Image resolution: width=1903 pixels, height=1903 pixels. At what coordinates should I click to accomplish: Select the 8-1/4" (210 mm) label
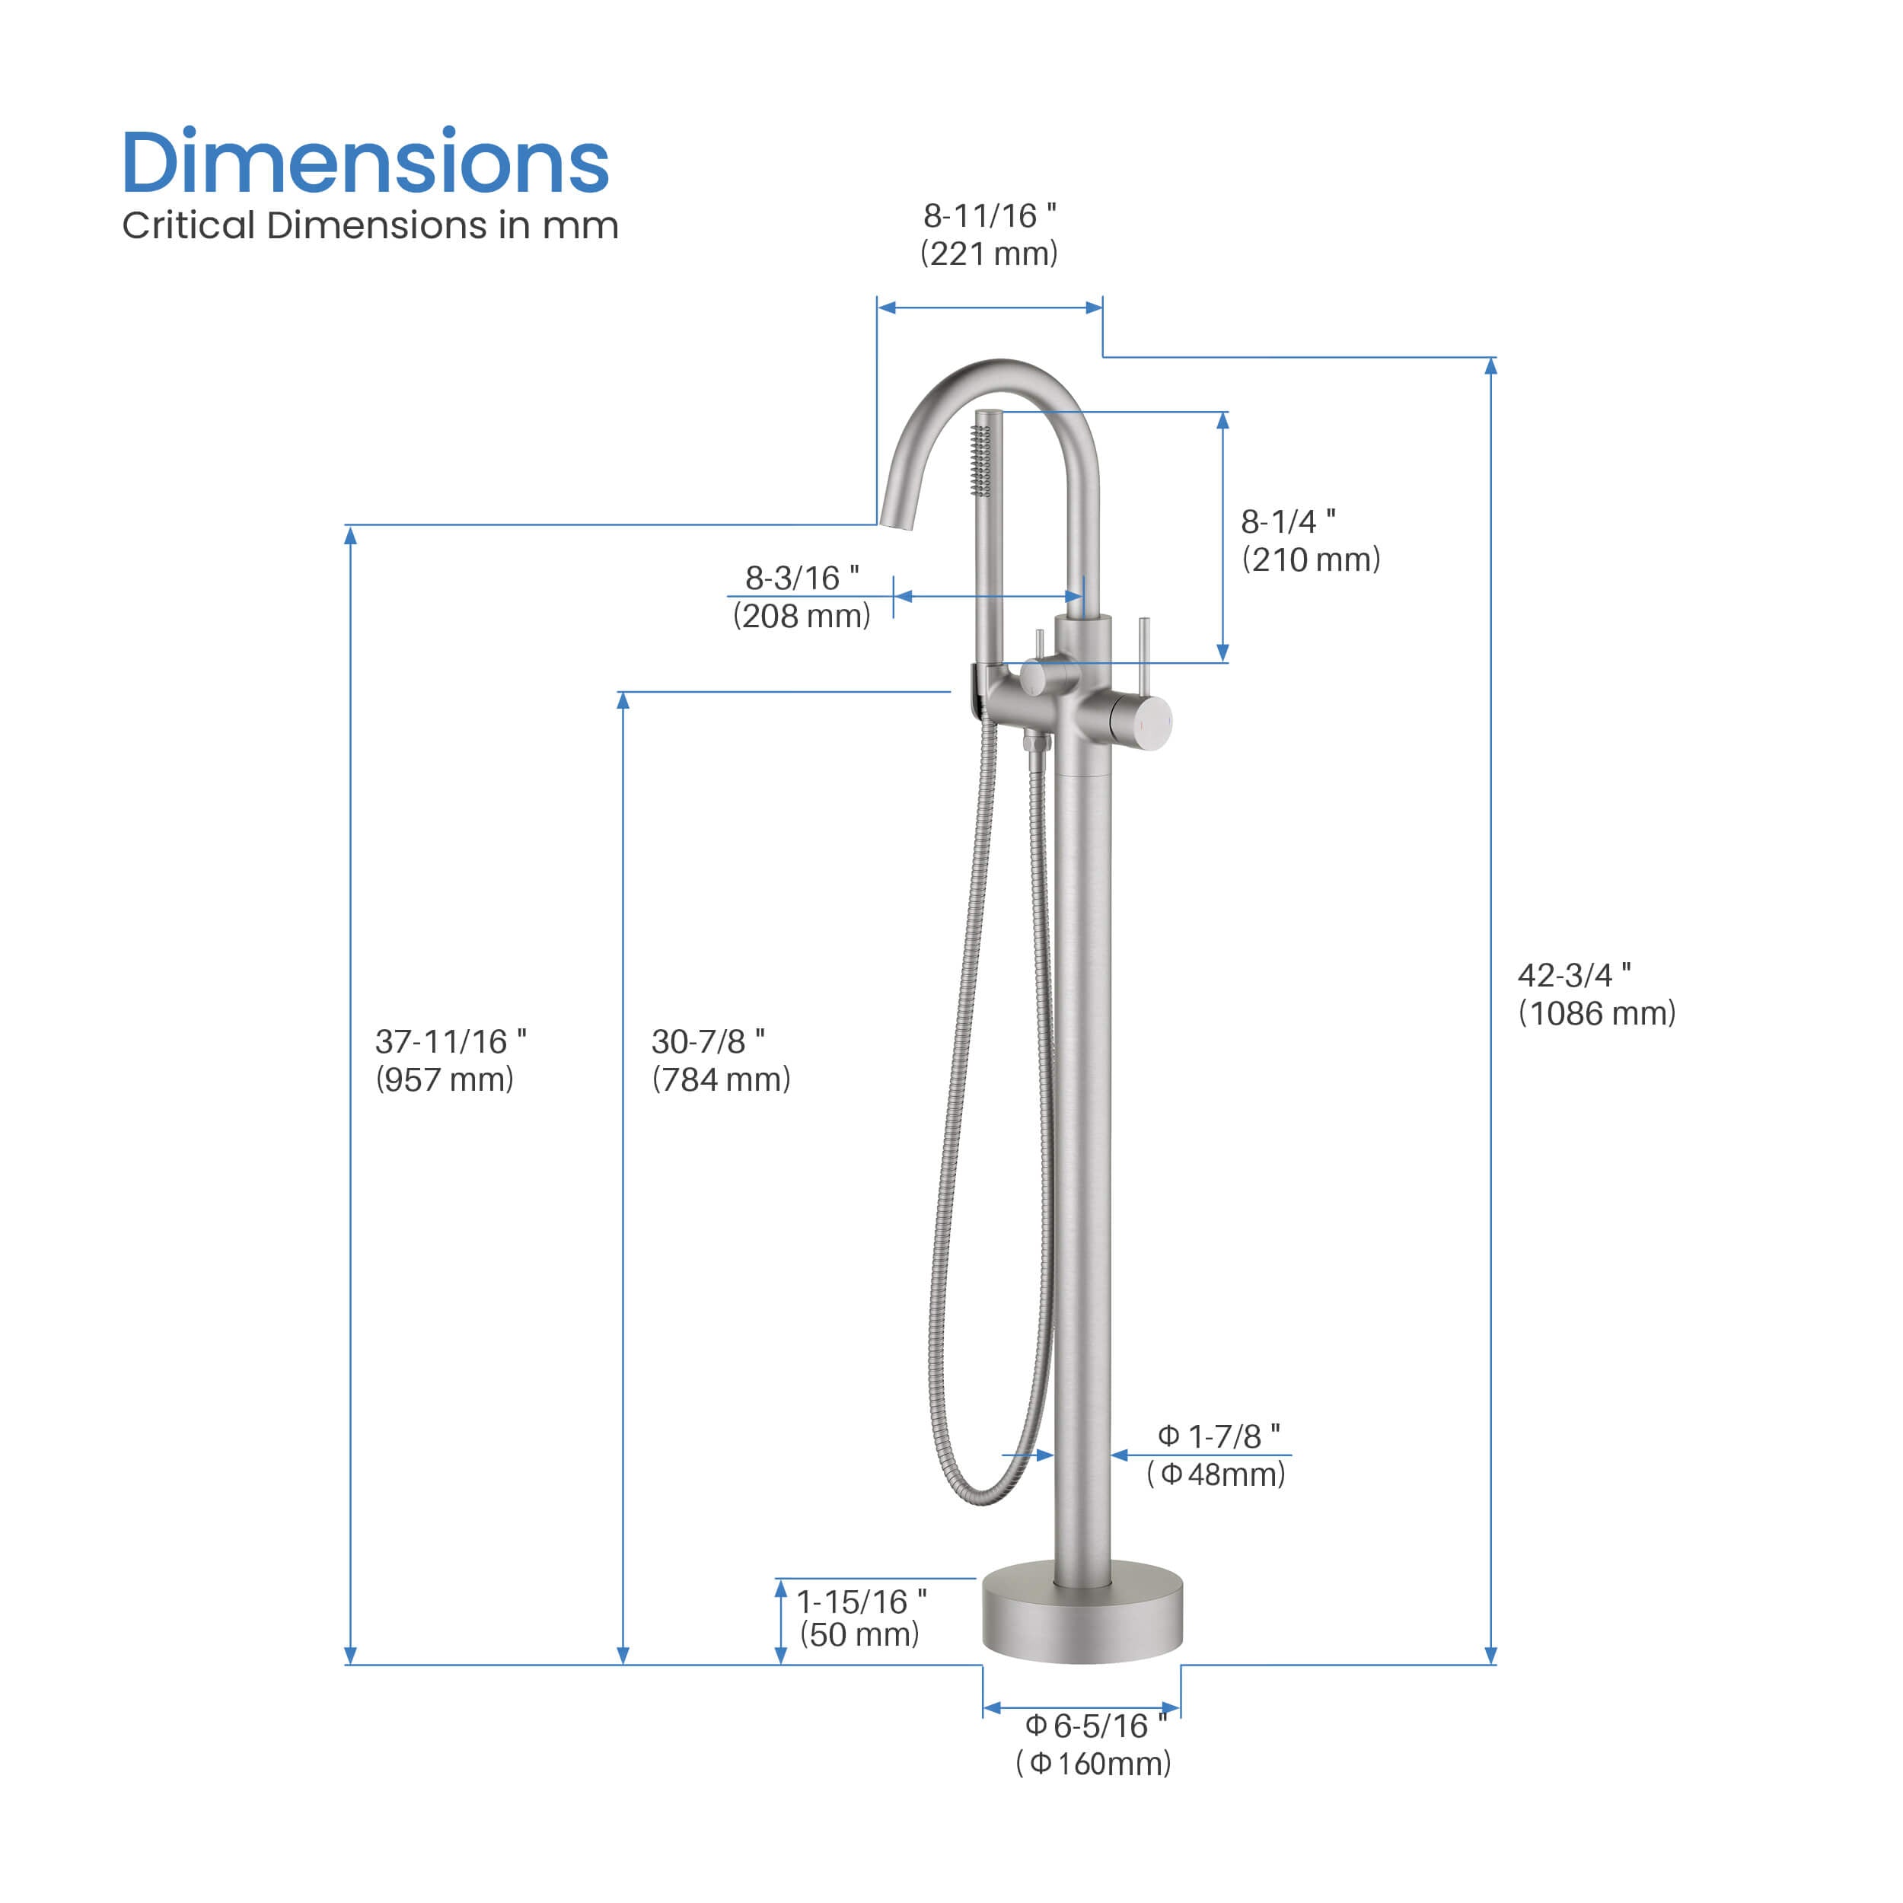pyautogui.click(x=1310, y=540)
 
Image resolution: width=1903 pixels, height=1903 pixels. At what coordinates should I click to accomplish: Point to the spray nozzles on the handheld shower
pyautogui.click(x=980, y=460)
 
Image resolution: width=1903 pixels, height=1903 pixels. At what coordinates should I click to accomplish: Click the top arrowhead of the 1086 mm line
pyautogui.click(x=1491, y=366)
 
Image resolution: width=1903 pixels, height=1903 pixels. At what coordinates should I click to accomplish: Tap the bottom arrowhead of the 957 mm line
pyautogui.click(x=351, y=1655)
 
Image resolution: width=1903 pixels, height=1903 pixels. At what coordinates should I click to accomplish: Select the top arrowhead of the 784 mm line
pyautogui.click(x=623, y=701)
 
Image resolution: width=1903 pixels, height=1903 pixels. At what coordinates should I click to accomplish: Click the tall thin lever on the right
pyautogui.click(x=1143, y=655)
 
